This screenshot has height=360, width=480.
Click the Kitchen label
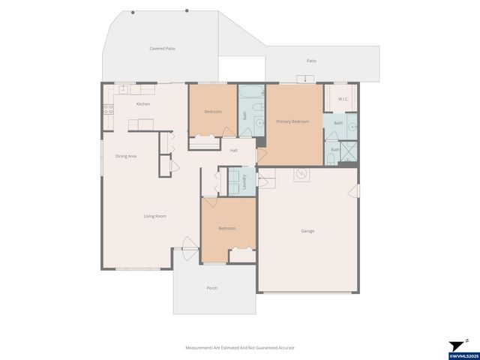[x=142, y=104]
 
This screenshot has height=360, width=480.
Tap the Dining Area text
[x=125, y=156]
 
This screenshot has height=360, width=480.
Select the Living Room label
[x=155, y=216]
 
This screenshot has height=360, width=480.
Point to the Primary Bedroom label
[x=292, y=121]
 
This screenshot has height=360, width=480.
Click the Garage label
[x=307, y=231]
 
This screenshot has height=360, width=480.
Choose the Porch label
[x=212, y=288]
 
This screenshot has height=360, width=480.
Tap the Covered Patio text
[x=162, y=48]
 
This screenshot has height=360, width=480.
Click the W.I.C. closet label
[x=343, y=99]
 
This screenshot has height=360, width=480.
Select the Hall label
[x=234, y=151]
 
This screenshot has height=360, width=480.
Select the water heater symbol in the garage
[x=301, y=175]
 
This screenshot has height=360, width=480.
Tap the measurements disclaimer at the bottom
[x=240, y=348]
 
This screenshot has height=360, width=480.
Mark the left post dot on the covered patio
[x=133, y=13]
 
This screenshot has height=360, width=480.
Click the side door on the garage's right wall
[x=357, y=191]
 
